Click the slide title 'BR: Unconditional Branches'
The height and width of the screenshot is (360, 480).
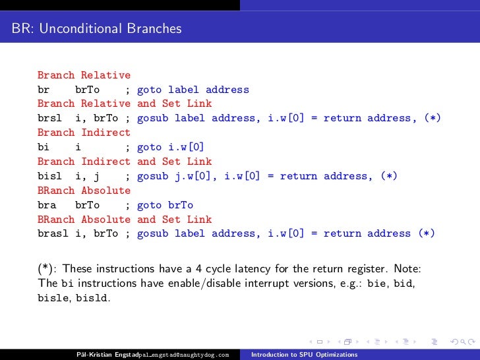[96, 29]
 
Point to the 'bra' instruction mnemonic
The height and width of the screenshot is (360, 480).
[47, 205]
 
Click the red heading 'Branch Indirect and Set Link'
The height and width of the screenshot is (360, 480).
[125, 162]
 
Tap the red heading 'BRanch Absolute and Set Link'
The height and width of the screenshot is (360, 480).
[125, 220]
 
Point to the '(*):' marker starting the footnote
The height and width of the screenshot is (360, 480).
[47, 268]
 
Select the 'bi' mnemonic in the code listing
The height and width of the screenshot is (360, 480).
[44, 148]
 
